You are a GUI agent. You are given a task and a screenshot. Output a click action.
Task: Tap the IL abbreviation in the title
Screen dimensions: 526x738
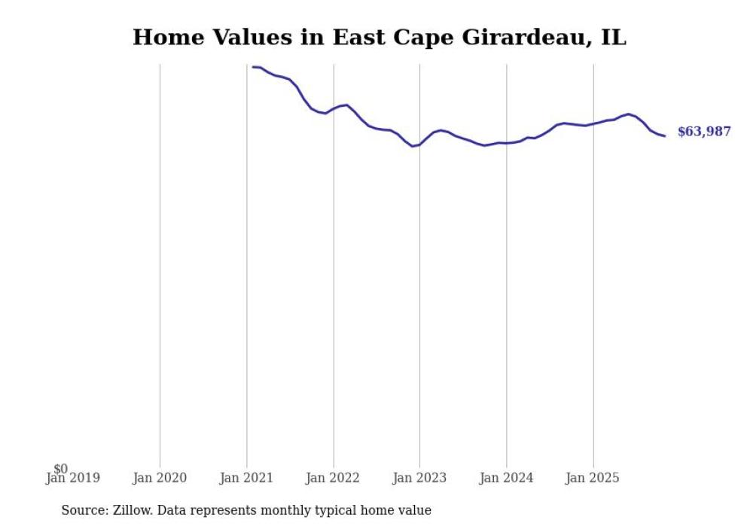click(x=613, y=37)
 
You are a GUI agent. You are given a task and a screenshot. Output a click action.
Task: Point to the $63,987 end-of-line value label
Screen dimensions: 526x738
click(x=703, y=132)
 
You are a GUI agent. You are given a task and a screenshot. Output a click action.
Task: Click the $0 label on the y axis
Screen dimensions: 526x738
click(x=60, y=469)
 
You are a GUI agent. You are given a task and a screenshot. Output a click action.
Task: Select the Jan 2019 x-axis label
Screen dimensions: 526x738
click(x=72, y=478)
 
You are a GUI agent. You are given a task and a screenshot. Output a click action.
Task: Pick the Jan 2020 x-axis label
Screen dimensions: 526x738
click(x=160, y=478)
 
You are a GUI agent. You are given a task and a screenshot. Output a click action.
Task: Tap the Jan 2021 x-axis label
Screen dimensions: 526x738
click(x=246, y=478)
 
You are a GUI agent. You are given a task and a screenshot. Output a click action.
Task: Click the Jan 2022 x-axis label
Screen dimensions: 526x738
click(x=333, y=478)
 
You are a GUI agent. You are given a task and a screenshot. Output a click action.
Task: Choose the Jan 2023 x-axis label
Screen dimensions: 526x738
click(x=419, y=478)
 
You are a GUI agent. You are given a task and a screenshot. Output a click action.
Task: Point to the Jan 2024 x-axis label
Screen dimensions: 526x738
click(x=506, y=478)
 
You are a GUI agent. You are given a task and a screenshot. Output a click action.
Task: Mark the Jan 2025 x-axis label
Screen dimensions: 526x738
click(x=593, y=478)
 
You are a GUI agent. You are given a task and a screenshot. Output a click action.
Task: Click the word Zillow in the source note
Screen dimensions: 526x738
click(x=132, y=510)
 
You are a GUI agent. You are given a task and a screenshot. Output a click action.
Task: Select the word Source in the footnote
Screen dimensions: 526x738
click(x=84, y=510)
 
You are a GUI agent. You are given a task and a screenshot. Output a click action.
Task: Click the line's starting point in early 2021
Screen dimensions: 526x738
click(x=254, y=67)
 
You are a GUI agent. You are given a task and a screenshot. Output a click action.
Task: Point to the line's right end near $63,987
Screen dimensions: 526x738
click(x=664, y=135)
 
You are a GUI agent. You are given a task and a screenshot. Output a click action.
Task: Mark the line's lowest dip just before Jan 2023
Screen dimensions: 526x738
click(x=412, y=146)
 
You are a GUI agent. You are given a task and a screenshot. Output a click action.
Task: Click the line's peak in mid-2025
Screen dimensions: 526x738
click(x=628, y=114)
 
